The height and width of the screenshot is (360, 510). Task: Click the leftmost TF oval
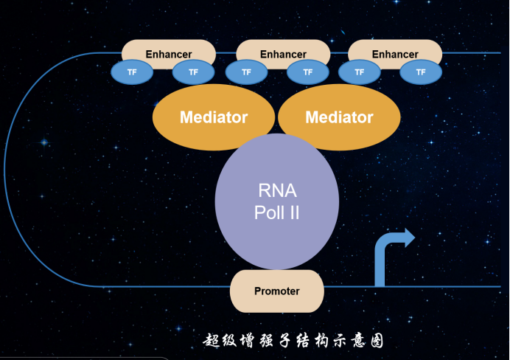tap(132, 72)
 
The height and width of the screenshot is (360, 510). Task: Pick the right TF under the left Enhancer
tap(194, 72)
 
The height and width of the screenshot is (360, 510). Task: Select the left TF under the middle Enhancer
tap(247, 72)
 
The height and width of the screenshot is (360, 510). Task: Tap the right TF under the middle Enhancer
tap(308, 72)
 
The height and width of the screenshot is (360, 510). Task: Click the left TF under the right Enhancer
tap(360, 72)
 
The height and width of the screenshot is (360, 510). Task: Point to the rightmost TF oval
tap(421, 72)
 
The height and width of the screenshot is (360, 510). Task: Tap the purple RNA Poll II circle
tap(277, 202)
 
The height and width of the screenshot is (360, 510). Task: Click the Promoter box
tap(277, 291)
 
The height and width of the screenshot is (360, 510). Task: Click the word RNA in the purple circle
tap(277, 191)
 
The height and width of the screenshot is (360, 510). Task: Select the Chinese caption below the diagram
tap(293, 341)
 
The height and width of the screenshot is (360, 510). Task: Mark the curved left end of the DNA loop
tap(4, 169)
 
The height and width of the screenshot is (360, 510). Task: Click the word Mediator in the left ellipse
tap(214, 117)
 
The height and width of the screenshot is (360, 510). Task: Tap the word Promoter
tap(277, 291)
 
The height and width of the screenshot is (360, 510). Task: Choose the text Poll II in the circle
tap(277, 213)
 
